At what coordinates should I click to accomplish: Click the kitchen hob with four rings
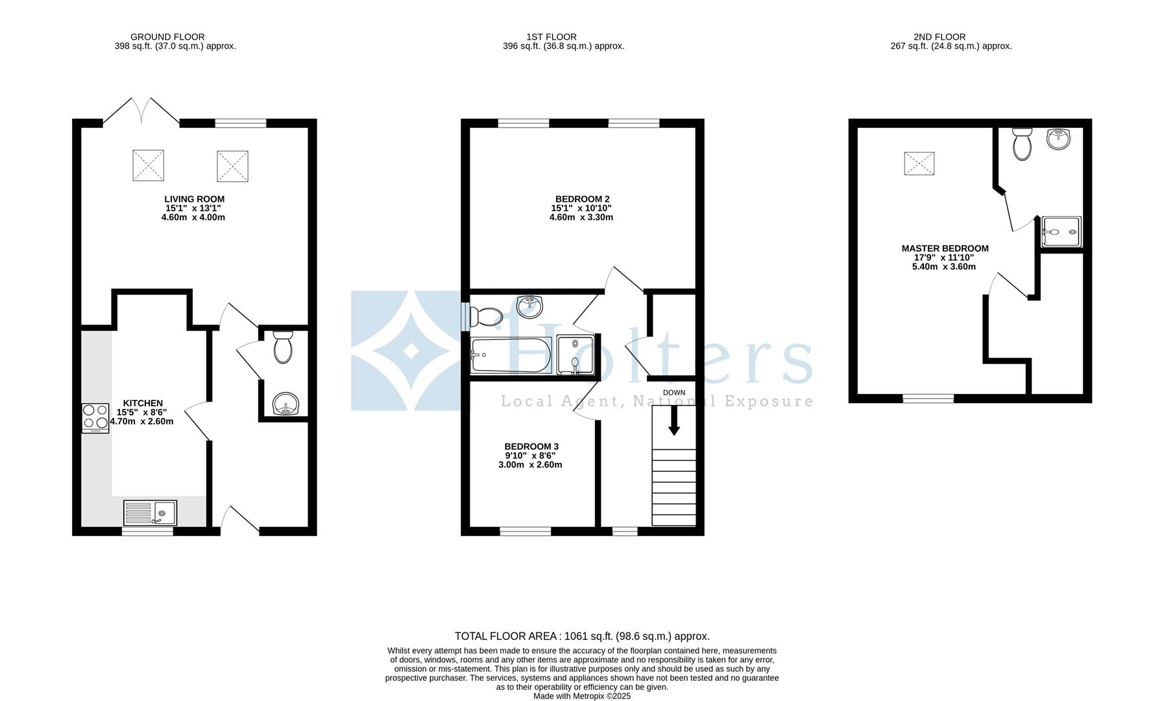pos(95,418)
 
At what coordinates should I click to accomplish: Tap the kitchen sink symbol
pos(150,512)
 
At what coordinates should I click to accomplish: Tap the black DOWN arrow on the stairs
pos(674,420)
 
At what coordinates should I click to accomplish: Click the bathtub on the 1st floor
pos(511,355)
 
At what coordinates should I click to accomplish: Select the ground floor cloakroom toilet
pos(284,347)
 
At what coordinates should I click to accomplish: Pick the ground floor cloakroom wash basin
pos(284,404)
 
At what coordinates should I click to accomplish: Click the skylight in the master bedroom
pos(919,163)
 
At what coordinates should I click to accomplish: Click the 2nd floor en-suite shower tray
pos(1061,232)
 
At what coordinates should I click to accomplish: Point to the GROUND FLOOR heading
pos(167,37)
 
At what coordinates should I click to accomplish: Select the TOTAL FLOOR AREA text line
pos(582,636)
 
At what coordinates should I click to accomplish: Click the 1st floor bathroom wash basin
pos(531,306)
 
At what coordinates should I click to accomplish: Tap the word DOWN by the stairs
pos(674,393)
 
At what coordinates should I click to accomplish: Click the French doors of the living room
pos(141,110)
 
